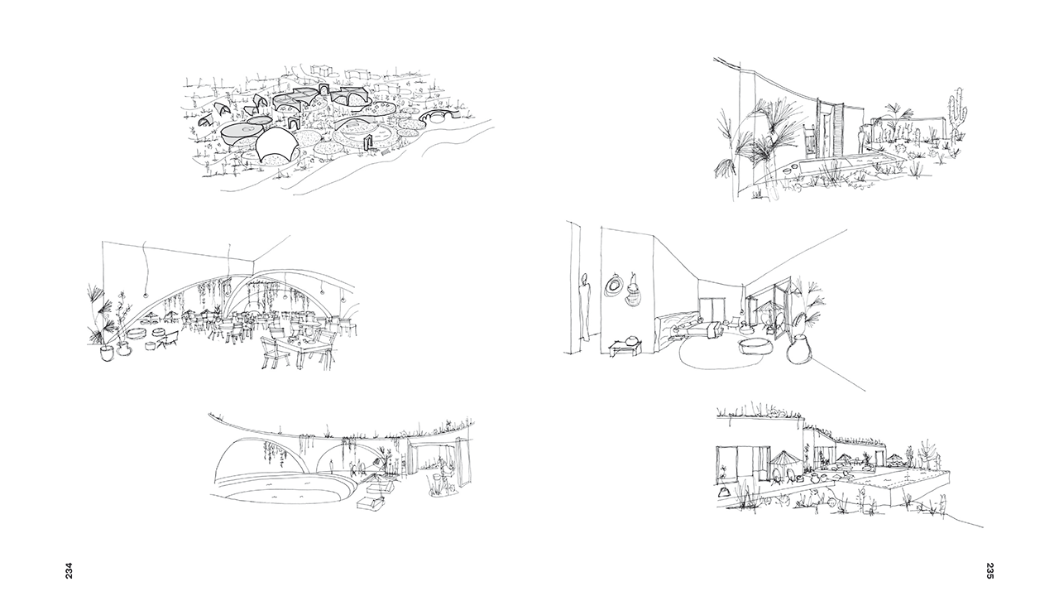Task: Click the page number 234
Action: click(x=69, y=570)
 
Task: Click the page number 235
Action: click(x=990, y=570)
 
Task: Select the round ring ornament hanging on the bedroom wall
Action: click(x=613, y=286)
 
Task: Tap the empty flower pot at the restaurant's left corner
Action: click(x=108, y=353)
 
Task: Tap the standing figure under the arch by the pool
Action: click(x=333, y=467)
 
